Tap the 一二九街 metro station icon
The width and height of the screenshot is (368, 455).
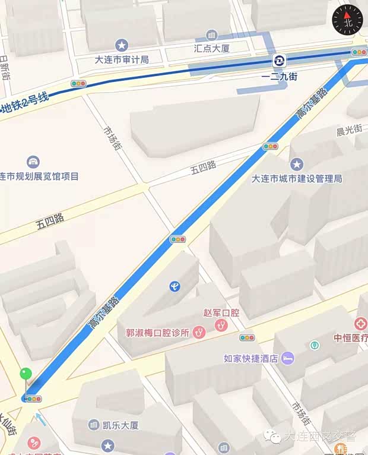(x=278, y=61)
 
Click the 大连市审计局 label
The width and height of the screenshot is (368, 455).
(x=122, y=59)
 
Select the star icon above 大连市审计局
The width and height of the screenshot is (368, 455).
(x=122, y=45)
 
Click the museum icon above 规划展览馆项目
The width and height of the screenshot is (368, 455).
(x=33, y=162)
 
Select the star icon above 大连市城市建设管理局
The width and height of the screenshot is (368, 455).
(x=296, y=164)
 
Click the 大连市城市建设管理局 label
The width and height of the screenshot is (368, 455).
(x=296, y=178)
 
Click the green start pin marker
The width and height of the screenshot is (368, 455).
(x=25, y=374)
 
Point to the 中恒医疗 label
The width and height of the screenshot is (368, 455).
(x=350, y=338)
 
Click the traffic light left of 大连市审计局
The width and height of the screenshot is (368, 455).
(x=78, y=84)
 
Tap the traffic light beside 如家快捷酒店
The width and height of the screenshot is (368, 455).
(x=247, y=338)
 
